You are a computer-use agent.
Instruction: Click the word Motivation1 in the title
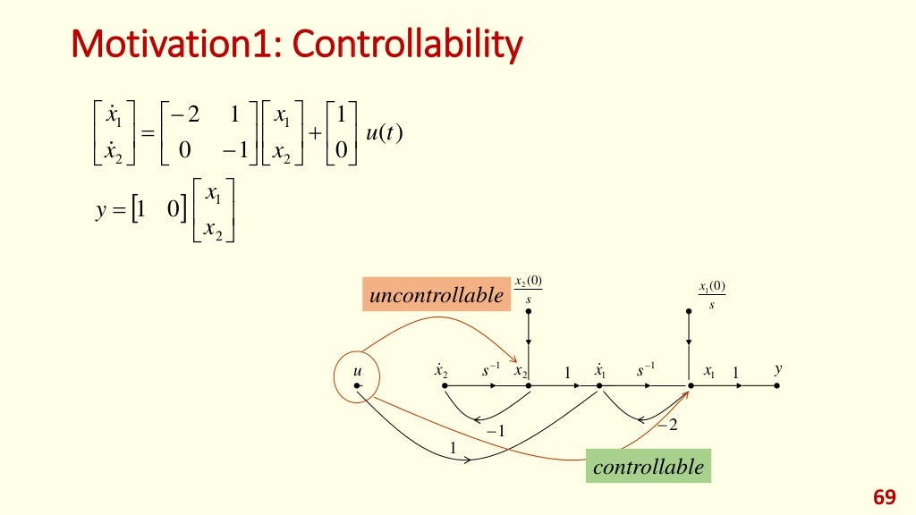[x=175, y=45]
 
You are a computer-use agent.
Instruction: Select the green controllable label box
[x=649, y=466]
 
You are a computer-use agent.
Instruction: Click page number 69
[x=884, y=496]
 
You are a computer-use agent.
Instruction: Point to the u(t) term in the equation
[x=386, y=133]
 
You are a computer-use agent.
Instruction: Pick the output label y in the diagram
[x=778, y=368]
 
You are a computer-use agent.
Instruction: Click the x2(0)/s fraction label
[x=529, y=289]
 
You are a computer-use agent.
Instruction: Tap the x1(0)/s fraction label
[x=712, y=294]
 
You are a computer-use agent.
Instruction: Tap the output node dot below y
[x=777, y=386]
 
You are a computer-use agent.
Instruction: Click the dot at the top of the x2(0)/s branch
[x=529, y=311]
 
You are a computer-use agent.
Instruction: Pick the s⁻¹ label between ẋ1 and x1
[x=646, y=368]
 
